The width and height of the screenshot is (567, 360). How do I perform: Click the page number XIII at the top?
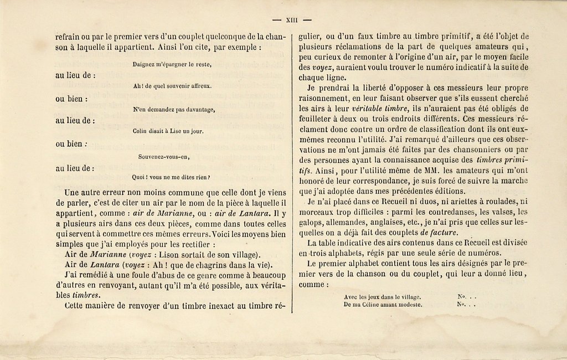click(292, 20)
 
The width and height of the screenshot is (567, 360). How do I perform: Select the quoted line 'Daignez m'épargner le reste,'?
click(172, 64)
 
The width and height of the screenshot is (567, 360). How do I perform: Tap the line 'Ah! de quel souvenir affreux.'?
click(172, 86)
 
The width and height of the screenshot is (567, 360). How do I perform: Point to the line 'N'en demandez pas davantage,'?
click(174, 110)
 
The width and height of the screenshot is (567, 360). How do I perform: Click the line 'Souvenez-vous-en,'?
click(164, 156)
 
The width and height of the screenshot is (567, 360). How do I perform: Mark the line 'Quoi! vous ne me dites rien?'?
click(171, 177)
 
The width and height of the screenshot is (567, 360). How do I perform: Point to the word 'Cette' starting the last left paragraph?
click(76, 306)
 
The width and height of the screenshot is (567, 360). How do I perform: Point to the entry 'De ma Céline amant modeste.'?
click(383, 304)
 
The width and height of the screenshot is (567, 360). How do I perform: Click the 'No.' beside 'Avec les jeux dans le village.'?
click(462, 296)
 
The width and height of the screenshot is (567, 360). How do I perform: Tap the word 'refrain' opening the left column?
click(69, 37)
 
